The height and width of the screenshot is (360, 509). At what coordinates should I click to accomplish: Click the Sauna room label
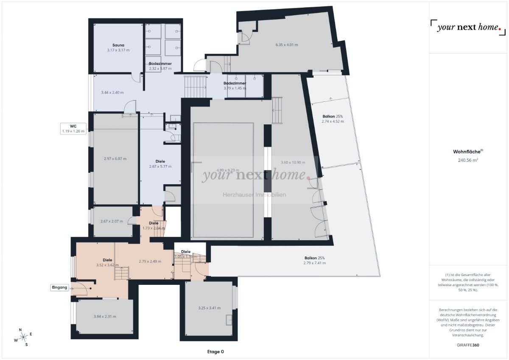118,45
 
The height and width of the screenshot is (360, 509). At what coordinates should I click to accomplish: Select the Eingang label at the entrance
59,287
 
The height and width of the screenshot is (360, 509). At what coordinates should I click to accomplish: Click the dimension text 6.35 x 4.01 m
287,45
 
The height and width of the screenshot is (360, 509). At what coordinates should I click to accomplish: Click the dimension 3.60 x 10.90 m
293,162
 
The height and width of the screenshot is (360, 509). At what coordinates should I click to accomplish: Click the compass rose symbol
23,337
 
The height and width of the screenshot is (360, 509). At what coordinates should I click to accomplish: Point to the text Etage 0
215,352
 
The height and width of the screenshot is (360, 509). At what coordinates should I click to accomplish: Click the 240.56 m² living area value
468,160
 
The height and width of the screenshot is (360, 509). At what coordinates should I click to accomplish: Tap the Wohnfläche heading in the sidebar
468,151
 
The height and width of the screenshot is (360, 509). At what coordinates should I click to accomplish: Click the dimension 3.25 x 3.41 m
209,308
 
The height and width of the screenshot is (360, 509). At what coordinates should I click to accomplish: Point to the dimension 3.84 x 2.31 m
105,316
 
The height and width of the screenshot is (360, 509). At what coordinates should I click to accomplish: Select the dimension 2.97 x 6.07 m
115,158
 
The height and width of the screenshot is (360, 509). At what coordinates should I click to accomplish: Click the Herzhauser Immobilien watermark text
255,195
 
